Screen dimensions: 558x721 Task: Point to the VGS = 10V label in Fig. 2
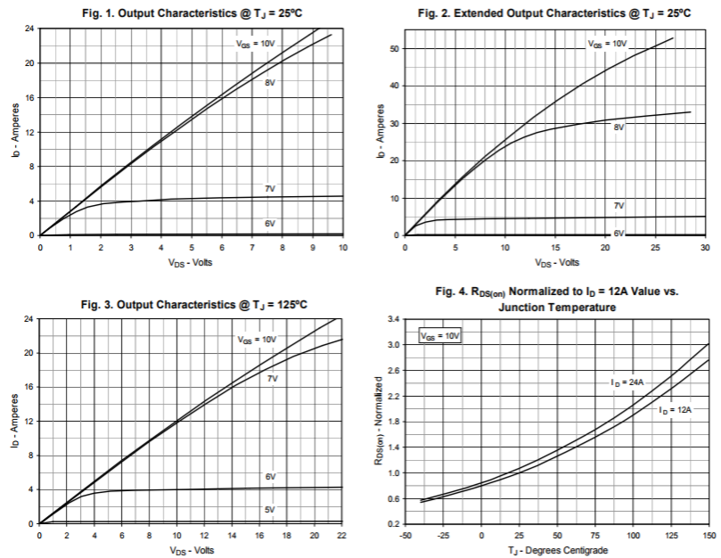coord(607,43)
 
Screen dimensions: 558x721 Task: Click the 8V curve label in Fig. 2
coord(619,127)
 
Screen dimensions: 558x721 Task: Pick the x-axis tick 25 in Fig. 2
coord(655,247)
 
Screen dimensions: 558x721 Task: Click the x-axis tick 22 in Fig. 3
coord(342,535)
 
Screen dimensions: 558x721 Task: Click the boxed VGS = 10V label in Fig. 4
coord(439,337)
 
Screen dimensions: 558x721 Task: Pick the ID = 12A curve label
coord(676,411)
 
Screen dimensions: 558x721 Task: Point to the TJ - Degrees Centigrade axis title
coord(557,549)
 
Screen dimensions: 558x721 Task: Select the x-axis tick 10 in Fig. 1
coord(342,247)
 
